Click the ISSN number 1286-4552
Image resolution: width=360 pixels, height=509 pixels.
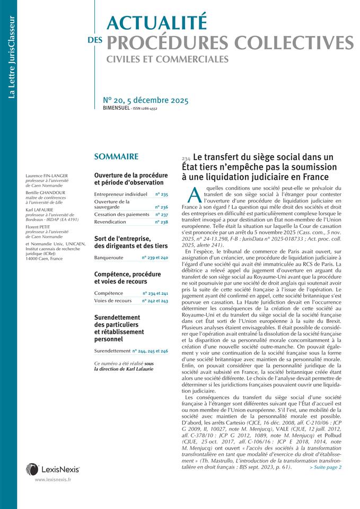147,109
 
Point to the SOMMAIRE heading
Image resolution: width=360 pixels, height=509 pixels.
116,156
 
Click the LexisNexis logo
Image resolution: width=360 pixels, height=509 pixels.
52,469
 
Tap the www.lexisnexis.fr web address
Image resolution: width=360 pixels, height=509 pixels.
53,479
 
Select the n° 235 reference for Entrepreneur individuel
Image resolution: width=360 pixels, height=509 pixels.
161,195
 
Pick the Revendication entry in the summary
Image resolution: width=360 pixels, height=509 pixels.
110,222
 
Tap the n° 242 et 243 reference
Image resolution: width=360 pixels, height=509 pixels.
155,301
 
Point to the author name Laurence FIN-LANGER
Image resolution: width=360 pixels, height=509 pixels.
47,175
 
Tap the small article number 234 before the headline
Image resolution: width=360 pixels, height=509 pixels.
186,159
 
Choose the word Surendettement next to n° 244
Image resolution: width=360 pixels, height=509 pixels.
112,350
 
